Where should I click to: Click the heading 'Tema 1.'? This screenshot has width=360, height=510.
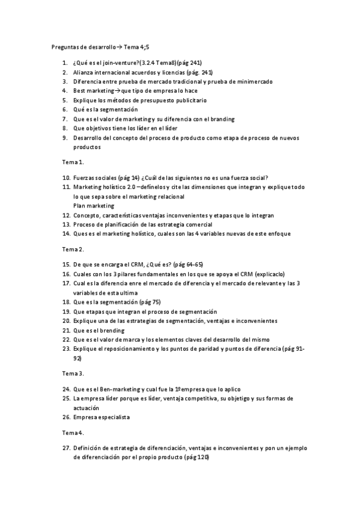pyautogui.click(x=73, y=162)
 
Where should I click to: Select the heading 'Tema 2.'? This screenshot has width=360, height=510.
pyautogui.click(x=73, y=248)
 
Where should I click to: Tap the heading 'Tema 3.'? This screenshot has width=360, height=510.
pyautogui.click(x=73, y=373)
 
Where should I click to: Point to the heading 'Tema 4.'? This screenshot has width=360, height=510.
pyautogui.click(x=73, y=432)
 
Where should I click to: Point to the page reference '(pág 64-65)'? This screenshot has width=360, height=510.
pyautogui.click(x=189, y=264)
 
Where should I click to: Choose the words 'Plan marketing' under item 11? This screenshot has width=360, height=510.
pyautogui.click(x=94, y=205)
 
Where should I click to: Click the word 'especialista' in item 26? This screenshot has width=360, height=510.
pyautogui.click(x=114, y=417)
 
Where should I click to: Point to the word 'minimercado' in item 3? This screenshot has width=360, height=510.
pyautogui.click(x=253, y=81)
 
